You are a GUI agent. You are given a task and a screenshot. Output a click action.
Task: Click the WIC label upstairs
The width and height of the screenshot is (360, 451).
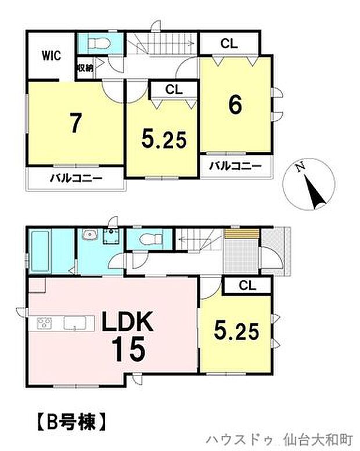click(51, 56)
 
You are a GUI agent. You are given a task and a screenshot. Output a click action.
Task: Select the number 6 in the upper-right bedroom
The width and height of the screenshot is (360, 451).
click(235, 104)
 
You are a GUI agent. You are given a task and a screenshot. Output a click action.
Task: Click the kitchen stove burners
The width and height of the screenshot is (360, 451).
click(45, 323)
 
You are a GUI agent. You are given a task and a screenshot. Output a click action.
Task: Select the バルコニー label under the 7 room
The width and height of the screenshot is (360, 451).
click(75, 178)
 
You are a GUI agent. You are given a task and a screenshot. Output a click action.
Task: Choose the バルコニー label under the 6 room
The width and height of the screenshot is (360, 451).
click(235, 165)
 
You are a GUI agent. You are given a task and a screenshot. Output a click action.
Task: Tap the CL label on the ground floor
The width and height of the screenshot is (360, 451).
click(247, 285)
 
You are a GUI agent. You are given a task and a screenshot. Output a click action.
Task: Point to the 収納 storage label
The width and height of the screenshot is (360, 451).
click(85, 68)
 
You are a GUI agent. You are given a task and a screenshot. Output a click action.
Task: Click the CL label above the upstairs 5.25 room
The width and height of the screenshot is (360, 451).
click(173, 89)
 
